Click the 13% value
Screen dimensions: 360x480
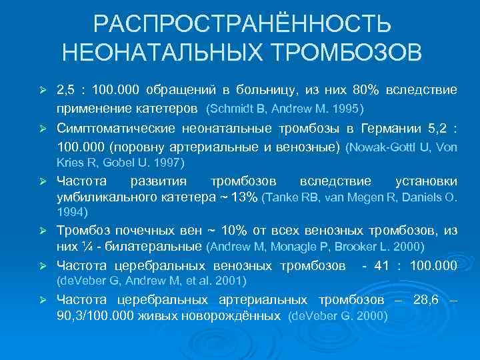click(244, 197)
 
